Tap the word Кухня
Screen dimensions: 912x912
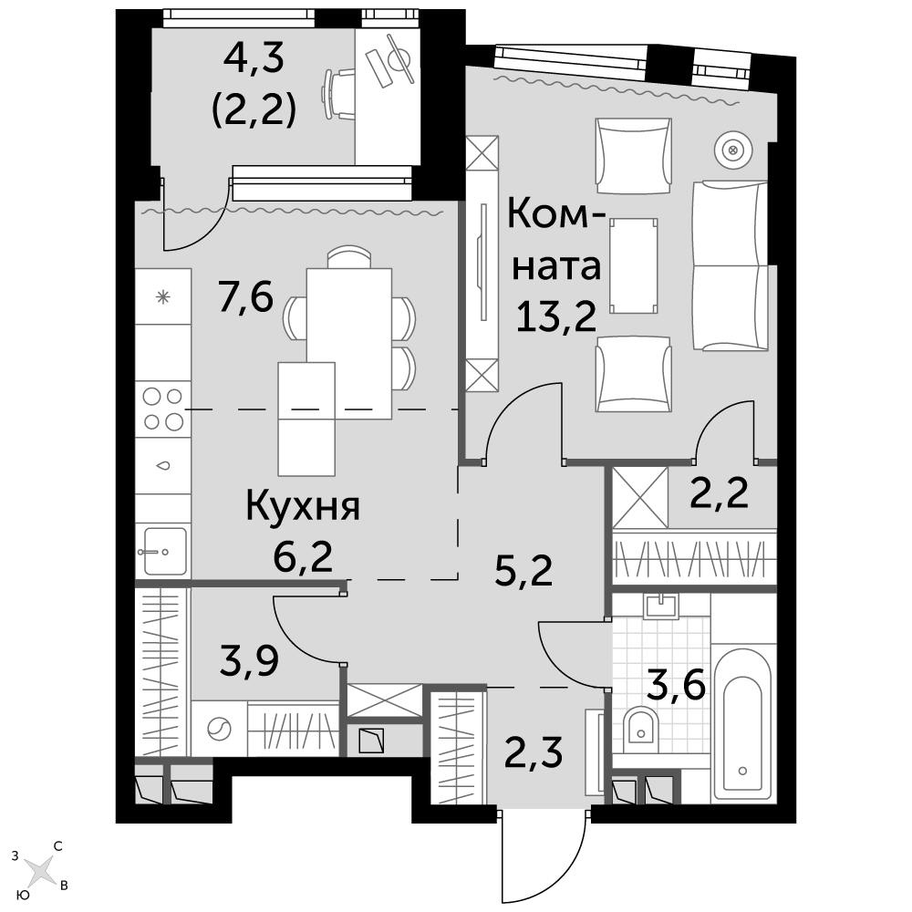point(303,506)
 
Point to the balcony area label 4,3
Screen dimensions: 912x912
point(254,58)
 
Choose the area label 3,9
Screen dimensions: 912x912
point(250,660)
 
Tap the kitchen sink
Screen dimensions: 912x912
point(163,550)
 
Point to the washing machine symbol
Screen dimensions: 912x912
point(219,729)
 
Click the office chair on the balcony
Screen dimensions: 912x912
point(339,94)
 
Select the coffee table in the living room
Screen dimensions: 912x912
point(634,265)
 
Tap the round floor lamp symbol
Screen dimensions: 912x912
point(733,150)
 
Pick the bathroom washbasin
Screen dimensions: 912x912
point(660,606)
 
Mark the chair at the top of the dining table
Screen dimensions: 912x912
point(349,257)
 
